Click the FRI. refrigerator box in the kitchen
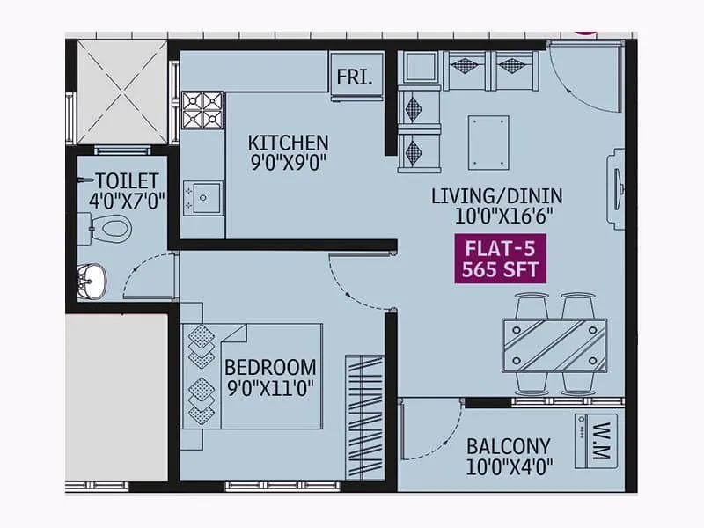[356, 77]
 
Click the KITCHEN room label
[288, 143]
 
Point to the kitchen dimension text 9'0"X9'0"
[288, 163]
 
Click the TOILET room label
[127, 180]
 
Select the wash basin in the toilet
[92, 282]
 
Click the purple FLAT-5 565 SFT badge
[500, 259]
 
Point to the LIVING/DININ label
[496, 195]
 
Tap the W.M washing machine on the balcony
[596, 440]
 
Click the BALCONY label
[509, 446]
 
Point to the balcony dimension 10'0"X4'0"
[509, 466]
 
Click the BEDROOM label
[270, 366]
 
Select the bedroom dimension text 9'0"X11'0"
[270, 386]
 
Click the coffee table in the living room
[488, 141]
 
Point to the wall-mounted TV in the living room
[616, 188]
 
